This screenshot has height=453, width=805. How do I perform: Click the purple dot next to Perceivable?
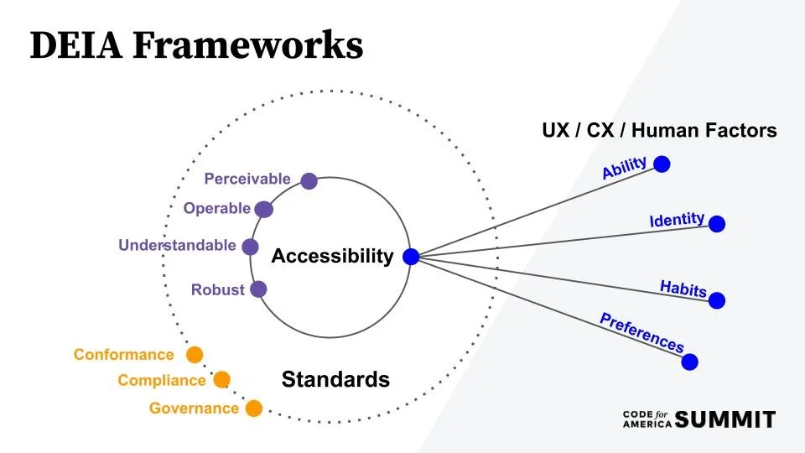click(309, 180)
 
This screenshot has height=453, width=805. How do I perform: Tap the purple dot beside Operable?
click(263, 209)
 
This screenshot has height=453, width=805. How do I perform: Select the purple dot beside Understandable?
click(250, 247)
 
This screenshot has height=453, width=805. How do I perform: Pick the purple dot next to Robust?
click(258, 289)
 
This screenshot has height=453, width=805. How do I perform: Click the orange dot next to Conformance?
click(195, 354)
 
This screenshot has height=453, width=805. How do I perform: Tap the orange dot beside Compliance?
click(221, 380)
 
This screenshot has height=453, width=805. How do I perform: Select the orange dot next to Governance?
click(253, 409)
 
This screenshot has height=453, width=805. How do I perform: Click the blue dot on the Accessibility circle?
click(410, 257)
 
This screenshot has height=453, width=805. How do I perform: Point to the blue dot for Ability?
click(662, 164)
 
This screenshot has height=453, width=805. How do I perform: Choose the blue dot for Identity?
click(716, 224)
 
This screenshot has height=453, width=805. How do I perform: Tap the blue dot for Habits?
click(716, 299)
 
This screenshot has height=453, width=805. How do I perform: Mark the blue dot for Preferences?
click(689, 362)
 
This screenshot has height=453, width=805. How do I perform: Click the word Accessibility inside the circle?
click(332, 257)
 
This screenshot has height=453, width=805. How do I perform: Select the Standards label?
click(335, 379)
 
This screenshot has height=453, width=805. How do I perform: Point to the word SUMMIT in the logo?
click(725, 419)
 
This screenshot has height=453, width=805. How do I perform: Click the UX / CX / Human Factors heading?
click(659, 131)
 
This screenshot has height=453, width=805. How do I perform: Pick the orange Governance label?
click(194, 409)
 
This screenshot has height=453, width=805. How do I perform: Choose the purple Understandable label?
click(177, 246)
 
